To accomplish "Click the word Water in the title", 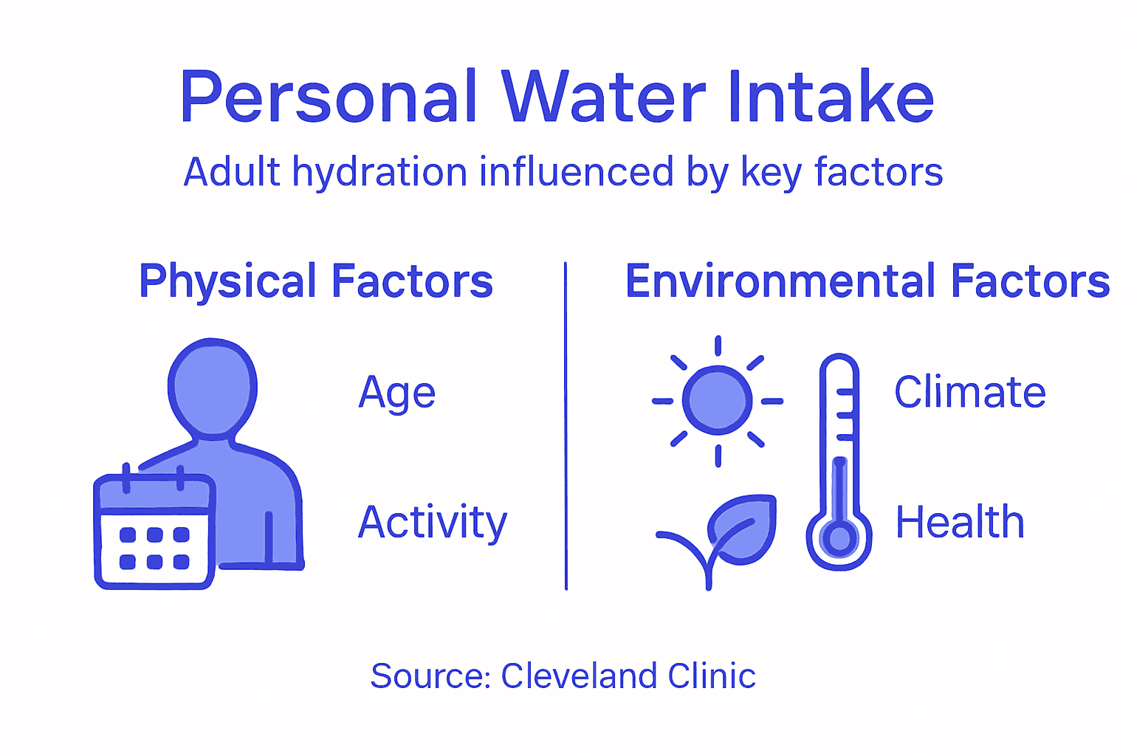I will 604,98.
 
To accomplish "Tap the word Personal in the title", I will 329,98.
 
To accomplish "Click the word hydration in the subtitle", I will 379,173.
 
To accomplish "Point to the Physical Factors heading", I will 316,281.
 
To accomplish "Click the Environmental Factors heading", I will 867,281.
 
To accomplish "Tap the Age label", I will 397,393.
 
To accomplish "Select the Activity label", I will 433,523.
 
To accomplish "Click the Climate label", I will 970,392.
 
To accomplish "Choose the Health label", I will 960,523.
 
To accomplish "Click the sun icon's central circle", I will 718,401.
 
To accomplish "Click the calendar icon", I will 154,532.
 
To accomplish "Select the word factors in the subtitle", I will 879,173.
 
